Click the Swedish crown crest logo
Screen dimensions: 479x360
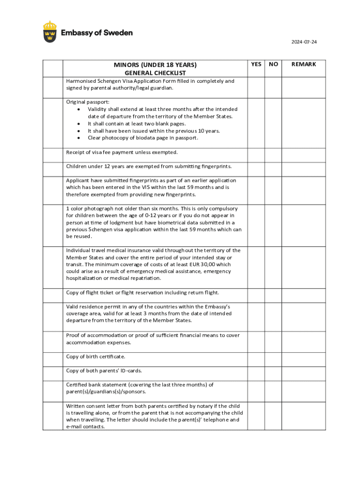(x=50, y=32)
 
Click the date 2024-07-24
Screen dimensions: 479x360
(x=304, y=42)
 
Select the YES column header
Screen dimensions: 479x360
(x=256, y=64)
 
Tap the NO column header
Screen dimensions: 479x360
(x=274, y=64)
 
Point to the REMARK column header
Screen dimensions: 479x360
(x=304, y=64)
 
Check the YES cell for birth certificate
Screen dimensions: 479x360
(x=256, y=360)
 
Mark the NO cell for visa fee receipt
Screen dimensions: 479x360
(x=274, y=155)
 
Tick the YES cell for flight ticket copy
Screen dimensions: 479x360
(x=256, y=296)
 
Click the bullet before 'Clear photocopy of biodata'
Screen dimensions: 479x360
(x=79, y=138)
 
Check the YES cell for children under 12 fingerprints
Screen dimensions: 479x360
(x=256, y=169)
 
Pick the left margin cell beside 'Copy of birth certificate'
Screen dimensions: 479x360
(x=53, y=360)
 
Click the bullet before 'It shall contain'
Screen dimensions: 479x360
(x=79, y=124)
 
